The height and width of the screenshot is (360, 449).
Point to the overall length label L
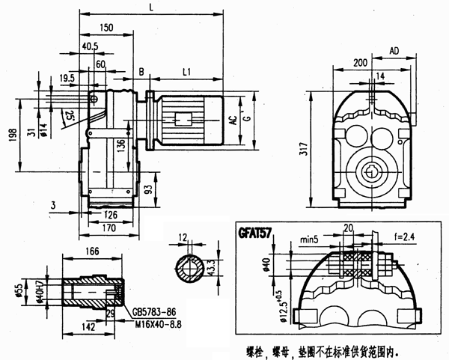click(x=152, y=7)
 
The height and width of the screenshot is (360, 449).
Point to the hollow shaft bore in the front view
click(x=370, y=171)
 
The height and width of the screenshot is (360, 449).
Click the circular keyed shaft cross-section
click(x=186, y=266)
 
